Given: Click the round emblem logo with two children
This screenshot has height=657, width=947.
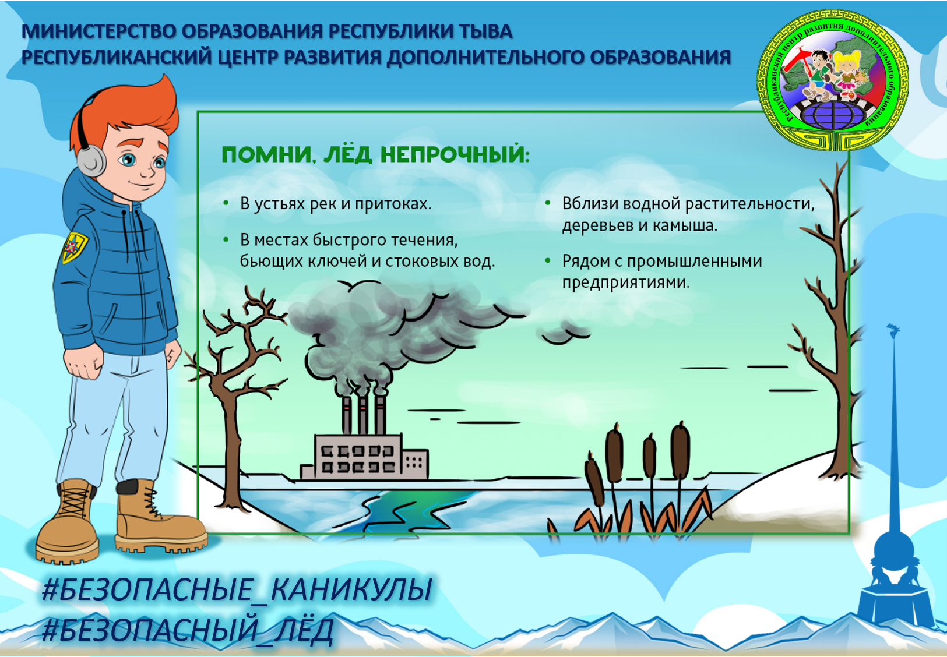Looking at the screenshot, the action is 832,80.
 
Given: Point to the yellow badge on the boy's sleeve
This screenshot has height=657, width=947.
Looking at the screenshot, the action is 75,248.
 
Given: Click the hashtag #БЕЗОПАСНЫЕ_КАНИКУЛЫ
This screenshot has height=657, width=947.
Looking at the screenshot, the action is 237,589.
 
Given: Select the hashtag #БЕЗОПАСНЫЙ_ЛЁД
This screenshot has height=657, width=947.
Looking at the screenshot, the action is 188,630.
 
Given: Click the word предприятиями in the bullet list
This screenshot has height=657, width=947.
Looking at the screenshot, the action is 626,282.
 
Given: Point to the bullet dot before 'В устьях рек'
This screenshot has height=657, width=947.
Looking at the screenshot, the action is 226,204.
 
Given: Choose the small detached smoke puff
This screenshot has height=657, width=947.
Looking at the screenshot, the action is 564,331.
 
